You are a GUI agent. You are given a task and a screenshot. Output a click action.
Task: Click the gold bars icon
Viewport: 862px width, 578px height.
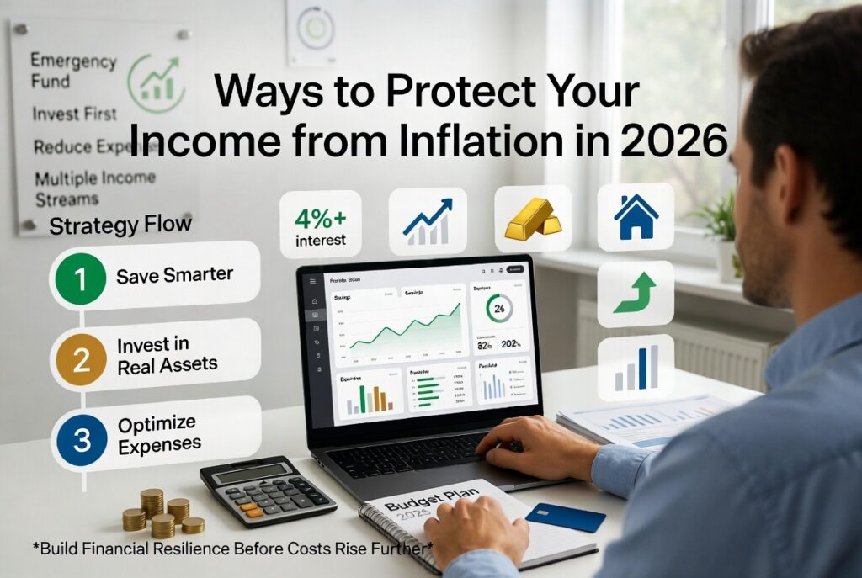tap(532, 221)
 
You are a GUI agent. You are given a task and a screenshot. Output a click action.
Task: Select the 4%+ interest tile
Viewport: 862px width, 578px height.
tap(320, 224)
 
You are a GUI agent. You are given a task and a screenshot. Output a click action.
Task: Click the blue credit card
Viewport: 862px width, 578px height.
tap(565, 517)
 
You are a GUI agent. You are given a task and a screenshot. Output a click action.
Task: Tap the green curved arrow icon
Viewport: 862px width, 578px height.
tap(636, 294)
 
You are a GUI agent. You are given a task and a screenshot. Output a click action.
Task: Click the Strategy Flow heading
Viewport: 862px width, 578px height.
tap(120, 225)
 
